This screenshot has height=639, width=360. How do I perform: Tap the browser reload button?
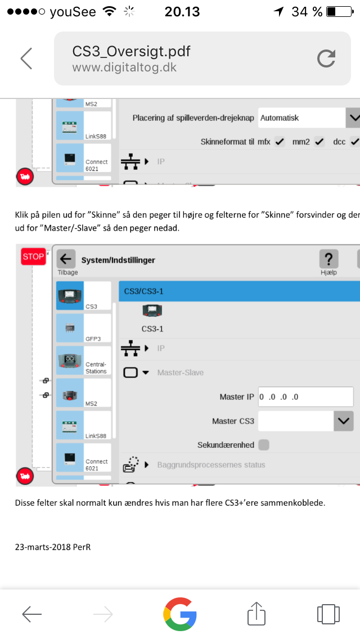pyautogui.click(x=326, y=58)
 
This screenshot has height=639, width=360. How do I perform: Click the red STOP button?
pyautogui.click(x=33, y=256)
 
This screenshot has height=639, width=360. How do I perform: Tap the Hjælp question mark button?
pyautogui.click(x=328, y=259)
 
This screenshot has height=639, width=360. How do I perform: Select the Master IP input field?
pyautogui.click(x=306, y=397)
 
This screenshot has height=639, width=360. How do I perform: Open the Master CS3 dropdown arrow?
pyautogui.click(x=343, y=421)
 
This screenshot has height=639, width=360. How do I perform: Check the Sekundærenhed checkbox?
pyautogui.click(x=264, y=444)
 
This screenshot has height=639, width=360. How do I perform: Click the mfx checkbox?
pyautogui.click(x=279, y=142)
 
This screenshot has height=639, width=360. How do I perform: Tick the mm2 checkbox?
pyautogui.click(x=319, y=142)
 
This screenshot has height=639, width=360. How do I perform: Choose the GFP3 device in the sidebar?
pyautogui.click(x=84, y=328)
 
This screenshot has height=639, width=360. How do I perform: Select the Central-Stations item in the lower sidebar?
pyautogui.click(x=84, y=360)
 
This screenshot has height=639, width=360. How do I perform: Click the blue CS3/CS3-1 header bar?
pyautogui.click(x=239, y=291)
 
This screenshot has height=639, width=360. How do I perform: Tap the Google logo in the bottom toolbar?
pyautogui.click(x=180, y=614)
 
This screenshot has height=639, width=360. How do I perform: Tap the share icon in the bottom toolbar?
pyautogui.click(x=256, y=613)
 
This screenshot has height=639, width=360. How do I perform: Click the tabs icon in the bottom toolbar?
pyautogui.click(x=328, y=614)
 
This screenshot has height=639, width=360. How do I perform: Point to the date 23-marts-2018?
pyautogui.click(x=43, y=547)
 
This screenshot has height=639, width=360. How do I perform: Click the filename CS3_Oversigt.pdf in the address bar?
pyautogui.click(x=131, y=52)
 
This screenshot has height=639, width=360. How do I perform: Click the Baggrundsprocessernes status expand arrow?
pyautogui.click(x=147, y=465)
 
